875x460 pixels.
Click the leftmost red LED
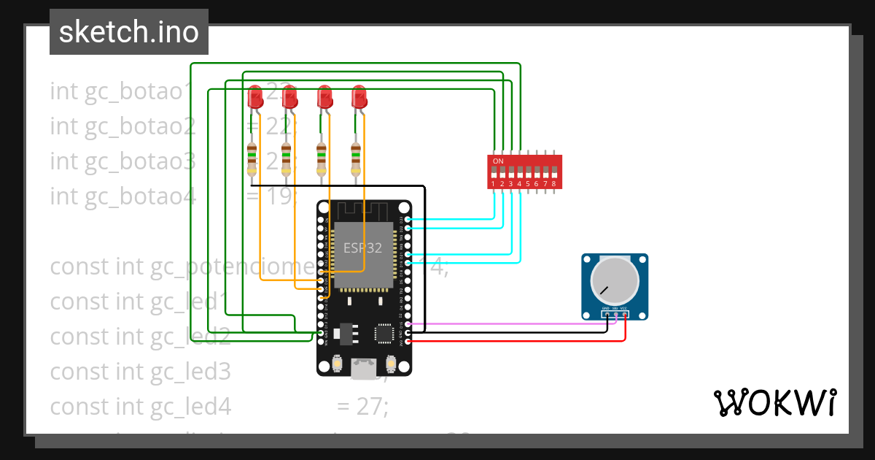pos(254,97)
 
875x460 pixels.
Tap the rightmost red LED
pos(358,97)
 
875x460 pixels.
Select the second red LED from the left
pos(289,97)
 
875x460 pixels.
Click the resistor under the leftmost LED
pos(252,159)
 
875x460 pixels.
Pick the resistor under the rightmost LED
pos(356,159)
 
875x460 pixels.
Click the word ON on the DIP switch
pos(498,161)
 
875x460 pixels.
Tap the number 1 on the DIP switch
pos(494,184)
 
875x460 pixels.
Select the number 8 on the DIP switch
pos(554,184)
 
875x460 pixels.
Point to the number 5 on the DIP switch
pos(528,184)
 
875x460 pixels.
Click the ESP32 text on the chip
pos(362,248)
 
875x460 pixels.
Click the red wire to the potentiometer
pos(510,340)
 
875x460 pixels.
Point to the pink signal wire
pos(510,323)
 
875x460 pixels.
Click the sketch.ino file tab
pos(128,32)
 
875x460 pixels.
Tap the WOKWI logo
pos(774,403)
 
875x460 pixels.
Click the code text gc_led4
pos(190,406)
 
